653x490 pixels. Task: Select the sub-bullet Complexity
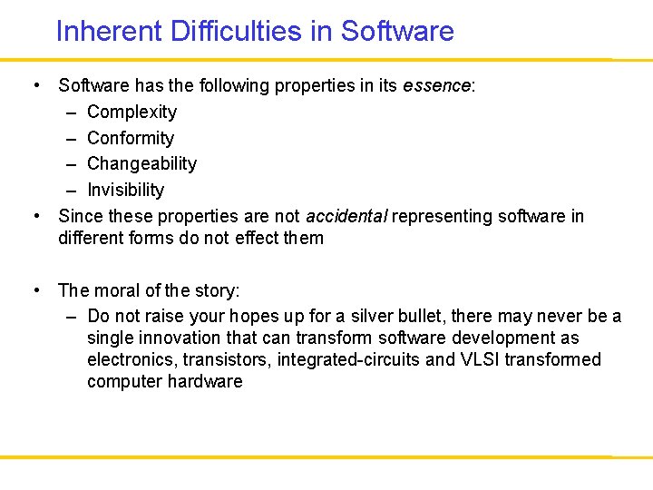tap(132, 113)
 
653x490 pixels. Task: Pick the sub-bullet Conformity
tap(130, 139)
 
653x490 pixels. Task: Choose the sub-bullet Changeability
tap(141, 164)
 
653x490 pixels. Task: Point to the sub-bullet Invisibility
tap(125, 191)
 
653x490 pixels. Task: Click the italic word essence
tap(436, 86)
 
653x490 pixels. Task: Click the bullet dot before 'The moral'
tap(34, 291)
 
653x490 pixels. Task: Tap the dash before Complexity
tap(71, 113)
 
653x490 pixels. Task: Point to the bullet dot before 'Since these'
tap(34, 217)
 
